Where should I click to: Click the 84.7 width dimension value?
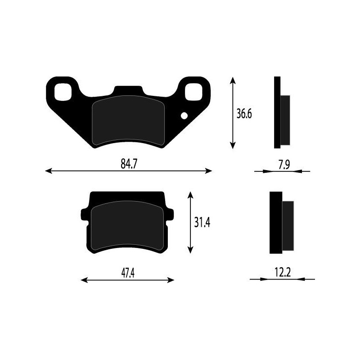(129, 165)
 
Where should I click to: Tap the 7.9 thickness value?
(283, 165)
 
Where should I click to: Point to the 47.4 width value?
(128, 274)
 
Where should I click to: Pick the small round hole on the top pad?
(184, 116)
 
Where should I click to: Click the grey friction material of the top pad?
(128, 121)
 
